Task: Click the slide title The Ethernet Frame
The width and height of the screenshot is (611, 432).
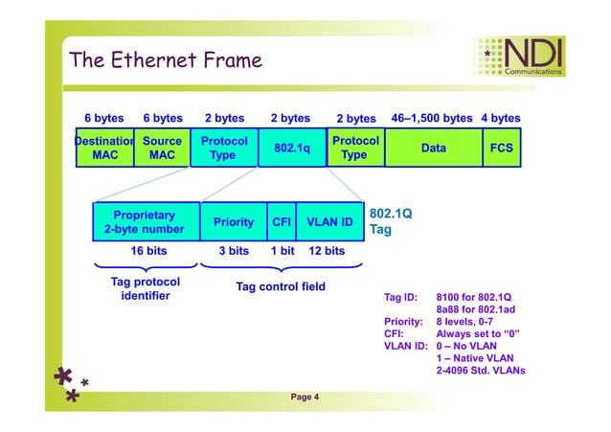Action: pyautogui.click(x=166, y=60)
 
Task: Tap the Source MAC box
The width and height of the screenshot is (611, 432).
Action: pyautogui.click(x=162, y=148)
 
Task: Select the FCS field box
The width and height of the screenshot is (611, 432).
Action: pyautogui.click(x=501, y=148)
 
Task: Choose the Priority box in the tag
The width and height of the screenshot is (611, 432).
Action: pyautogui.click(x=234, y=222)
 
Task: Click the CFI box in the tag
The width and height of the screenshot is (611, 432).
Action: pyautogui.click(x=282, y=222)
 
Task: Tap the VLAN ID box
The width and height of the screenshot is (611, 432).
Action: pyautogui.click(x=329, y=222)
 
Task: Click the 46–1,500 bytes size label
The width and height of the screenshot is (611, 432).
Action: pyautogui.click(x=432, y=119)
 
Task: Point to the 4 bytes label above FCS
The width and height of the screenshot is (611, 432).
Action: pyautogui.click(x=501, y=119)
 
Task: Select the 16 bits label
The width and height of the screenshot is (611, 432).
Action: pyautogui.click(x=148, y=251)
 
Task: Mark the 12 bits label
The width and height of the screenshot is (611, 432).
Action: pyautogui.click(x=327, y=251)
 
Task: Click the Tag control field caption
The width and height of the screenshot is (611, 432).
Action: pyautogui.click(x=281, y=286)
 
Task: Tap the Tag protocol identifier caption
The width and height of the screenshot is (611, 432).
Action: pyautogui.click(x=146, y=289)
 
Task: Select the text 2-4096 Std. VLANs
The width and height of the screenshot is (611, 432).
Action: pyautogui.click(x=481, y=371)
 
